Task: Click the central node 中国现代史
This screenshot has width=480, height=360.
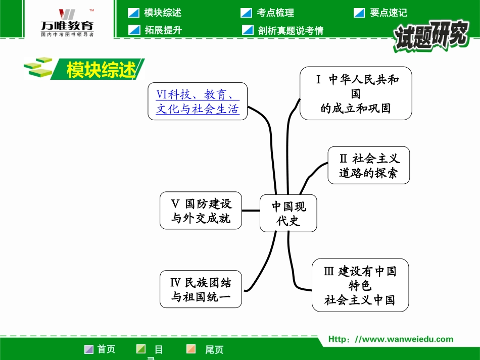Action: (x=288, y=213)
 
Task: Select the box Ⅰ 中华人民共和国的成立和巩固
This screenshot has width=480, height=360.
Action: (x=356, y=94)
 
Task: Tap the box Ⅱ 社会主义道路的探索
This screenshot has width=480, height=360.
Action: (x=368, y=166)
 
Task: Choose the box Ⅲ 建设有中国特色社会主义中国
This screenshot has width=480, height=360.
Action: (x=360, y=285)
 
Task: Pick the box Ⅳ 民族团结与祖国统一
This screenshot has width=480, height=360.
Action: (x=201, y=289)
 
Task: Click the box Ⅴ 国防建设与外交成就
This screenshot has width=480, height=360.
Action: (x=201, y=211)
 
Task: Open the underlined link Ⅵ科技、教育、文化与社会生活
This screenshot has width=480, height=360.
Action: (x=198, y=101)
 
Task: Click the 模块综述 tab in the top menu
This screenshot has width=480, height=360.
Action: (x=162, y=13)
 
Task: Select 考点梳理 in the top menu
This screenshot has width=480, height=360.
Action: (x=275, y=13)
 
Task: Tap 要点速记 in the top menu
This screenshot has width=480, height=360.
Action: (x=388, y=13)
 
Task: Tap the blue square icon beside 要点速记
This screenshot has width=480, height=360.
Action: (x=359, y=13)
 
